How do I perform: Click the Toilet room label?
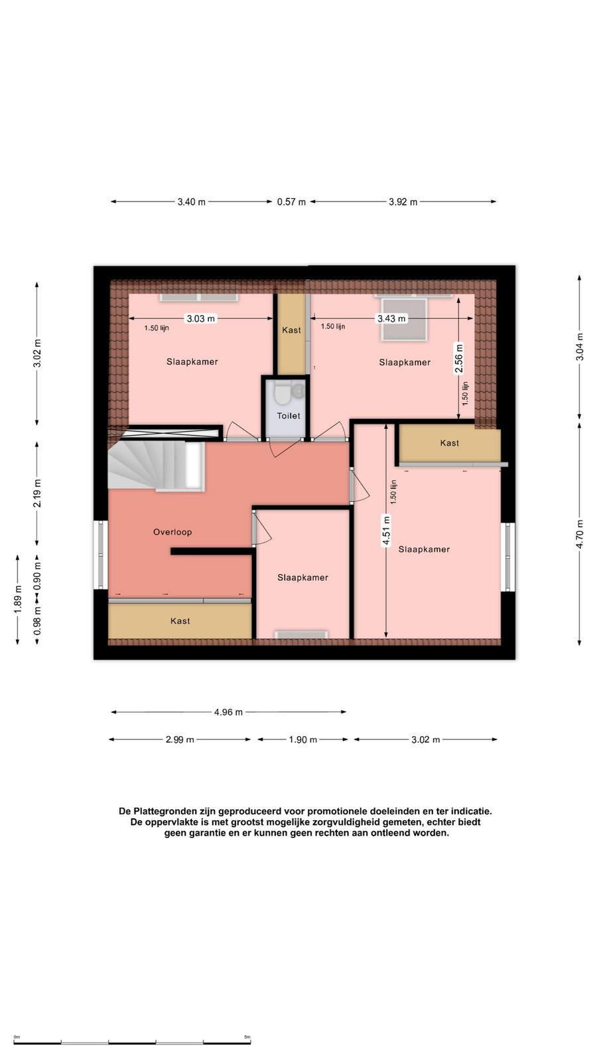click(x=289, y=416)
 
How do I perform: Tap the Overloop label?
click(x=172, y=532)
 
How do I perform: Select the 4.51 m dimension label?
click(x=386, y=530)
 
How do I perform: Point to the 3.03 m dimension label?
click(x=201, y=319)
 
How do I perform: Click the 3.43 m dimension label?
click(x=391, y=319)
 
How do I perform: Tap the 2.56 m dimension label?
click(x=458, y=358)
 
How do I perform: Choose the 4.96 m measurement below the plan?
click(x=228, y=712)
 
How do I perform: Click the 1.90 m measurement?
click(x=303, y=739)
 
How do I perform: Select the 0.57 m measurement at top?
click(x=291, y=202)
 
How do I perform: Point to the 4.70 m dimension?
click(x=580, y=534)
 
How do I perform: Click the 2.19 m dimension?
click(x=37, y=493)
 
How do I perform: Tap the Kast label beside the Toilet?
click(x=291, y=330)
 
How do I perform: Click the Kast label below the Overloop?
click(x=180, y=621)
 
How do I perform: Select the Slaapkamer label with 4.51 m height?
click(x=424, y=550)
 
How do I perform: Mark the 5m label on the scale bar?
click(x=247, y=1037)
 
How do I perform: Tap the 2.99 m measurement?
click(x=180, y=739)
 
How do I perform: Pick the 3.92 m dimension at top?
click(x=403, y=202)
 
